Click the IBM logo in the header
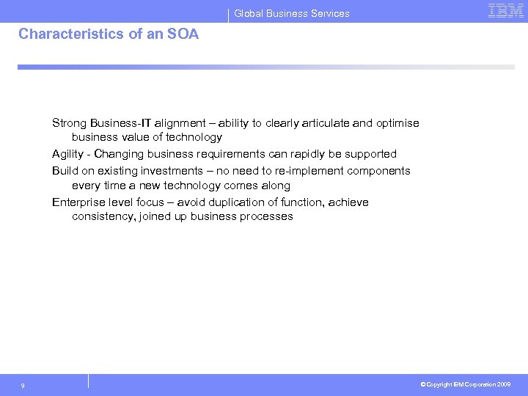506,11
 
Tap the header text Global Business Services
292,13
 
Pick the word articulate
319,123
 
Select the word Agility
68,154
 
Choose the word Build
65,171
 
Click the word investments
163,171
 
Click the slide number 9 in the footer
23,386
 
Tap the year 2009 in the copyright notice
504,385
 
